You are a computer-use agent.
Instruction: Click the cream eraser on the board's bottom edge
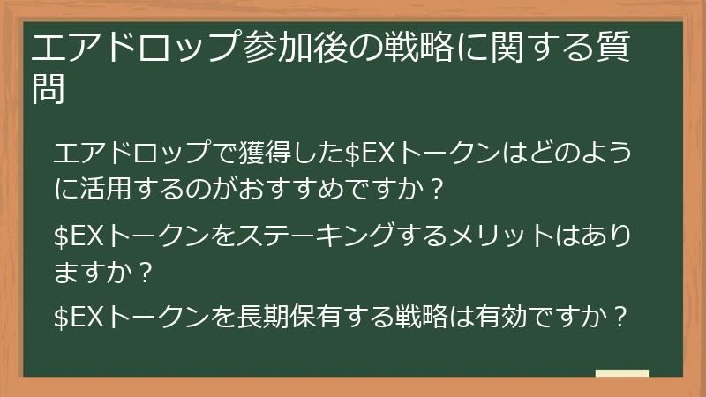(621, 374)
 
